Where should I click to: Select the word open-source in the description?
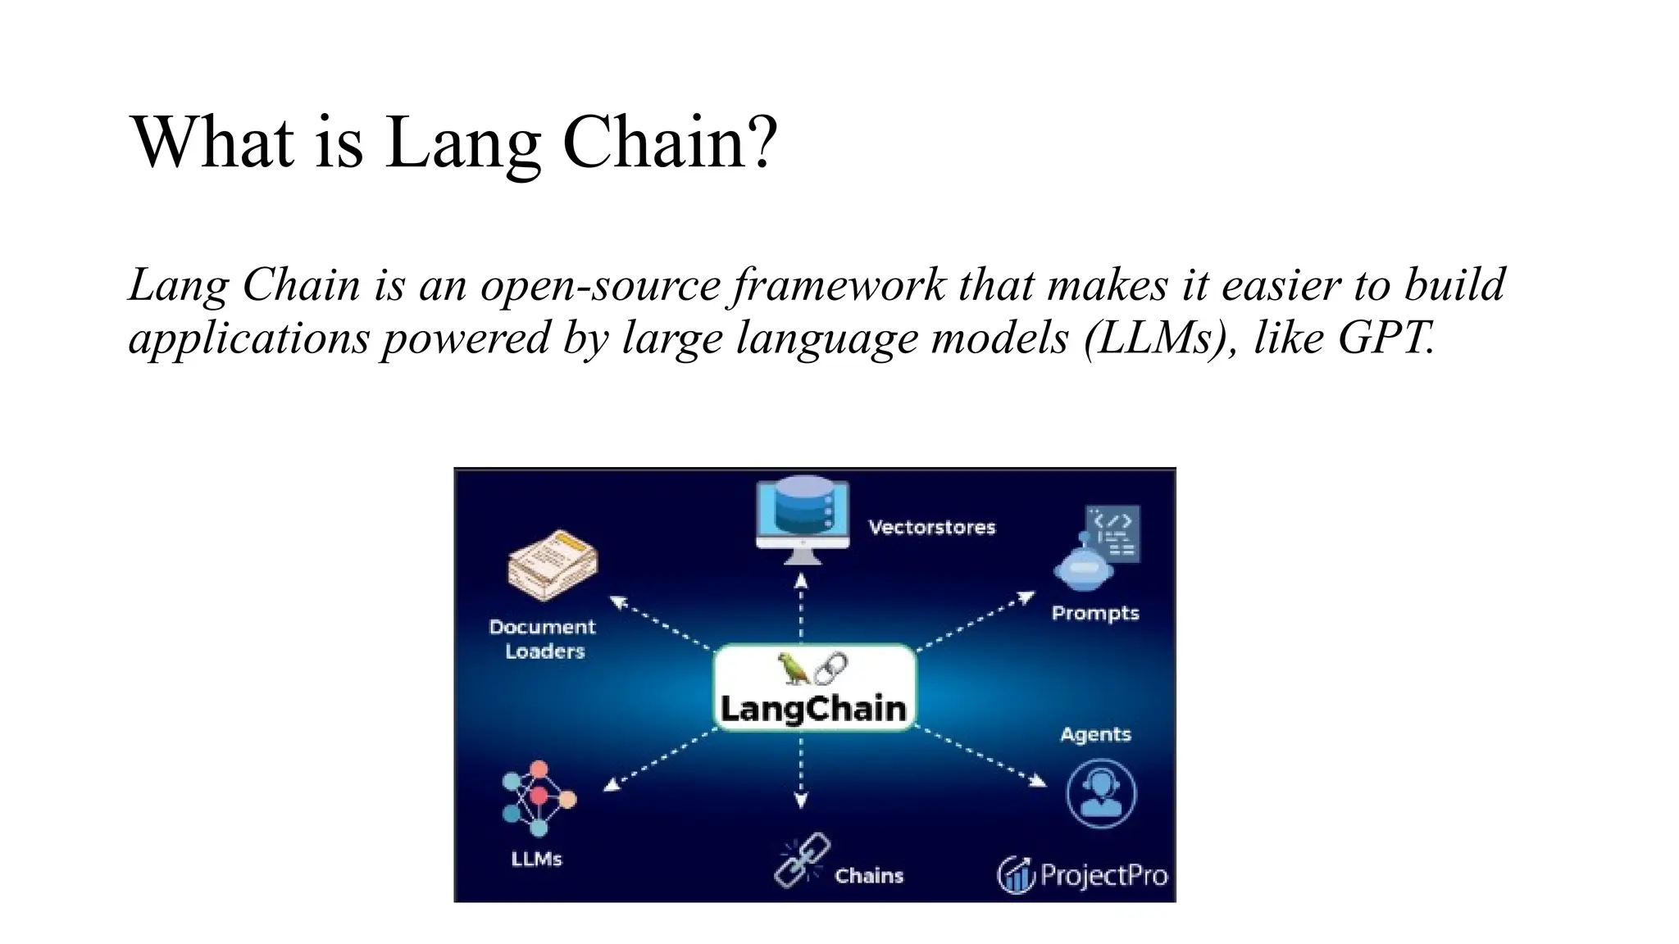pyautogui.click(x=600, y=285)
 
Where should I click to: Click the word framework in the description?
pyautogui.click(x=835, y=285)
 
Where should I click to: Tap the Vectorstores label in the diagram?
pyautogui.click(x=931, y=527)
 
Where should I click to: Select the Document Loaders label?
pyautogui.click(x=543, y=639)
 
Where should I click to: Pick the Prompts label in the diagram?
pyautogui.click(x=1095, y=613)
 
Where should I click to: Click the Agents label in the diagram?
pyautogui.click(x=1095, y=734)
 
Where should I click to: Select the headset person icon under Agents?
pyautogui.click(x=1101, y=793)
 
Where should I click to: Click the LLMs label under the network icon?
pyautogui.click(x=536, y=859)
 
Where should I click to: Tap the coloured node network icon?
pyautogui.click(x=538, y=798)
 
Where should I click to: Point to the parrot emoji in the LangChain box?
pyautogui.click(x=793, y=668)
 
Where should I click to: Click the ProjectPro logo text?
pyautogui.click(x=1103, y=875)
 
